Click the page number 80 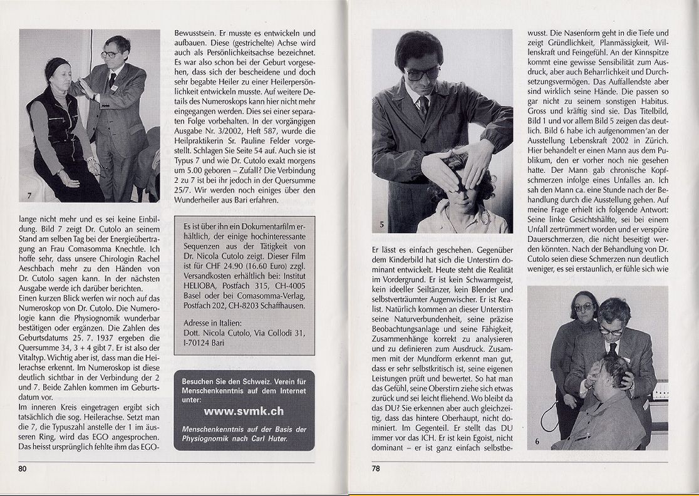point(22,468)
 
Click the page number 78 point(376,468)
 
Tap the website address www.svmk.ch point(244,411)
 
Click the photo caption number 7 point(28,195)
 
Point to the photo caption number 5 point(381,224)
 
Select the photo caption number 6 point(537,442)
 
